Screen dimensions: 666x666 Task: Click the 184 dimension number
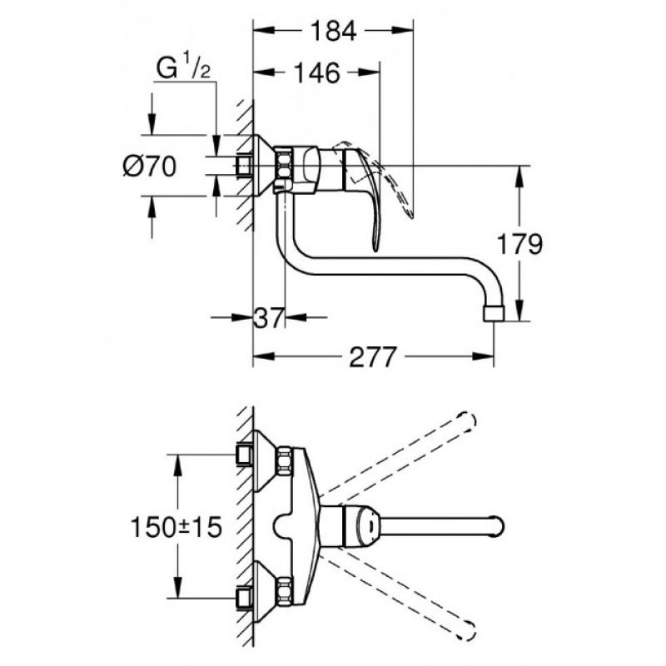333,31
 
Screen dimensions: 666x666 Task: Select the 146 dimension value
317,72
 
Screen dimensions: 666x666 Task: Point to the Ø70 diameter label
149,166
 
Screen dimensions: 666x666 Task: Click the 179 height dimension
519,244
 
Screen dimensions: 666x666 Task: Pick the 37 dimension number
269,317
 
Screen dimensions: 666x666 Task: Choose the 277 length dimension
372,357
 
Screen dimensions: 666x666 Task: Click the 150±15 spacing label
176,527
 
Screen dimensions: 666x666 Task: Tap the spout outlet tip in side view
495,313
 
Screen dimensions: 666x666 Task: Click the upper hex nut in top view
285,460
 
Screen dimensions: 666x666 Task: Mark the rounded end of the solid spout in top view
498,527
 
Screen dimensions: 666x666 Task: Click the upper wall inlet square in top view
244,455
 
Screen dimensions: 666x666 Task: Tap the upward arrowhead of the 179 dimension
519,176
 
